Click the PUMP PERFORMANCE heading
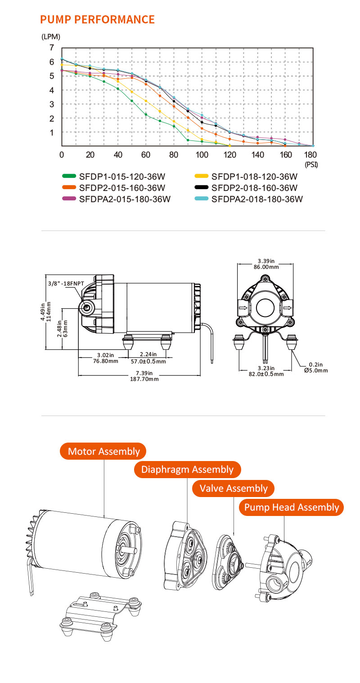click(97, 19)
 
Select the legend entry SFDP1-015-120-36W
click(116, 176)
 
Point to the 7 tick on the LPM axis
click(52, 48)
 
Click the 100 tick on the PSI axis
click(202, 154)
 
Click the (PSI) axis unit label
click(311, 165)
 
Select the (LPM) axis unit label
click(50, 36)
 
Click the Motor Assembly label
click(103, 451)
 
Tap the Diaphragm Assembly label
click(187, 470)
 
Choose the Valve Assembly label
click(234, 488)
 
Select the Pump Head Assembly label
click(291, 507)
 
